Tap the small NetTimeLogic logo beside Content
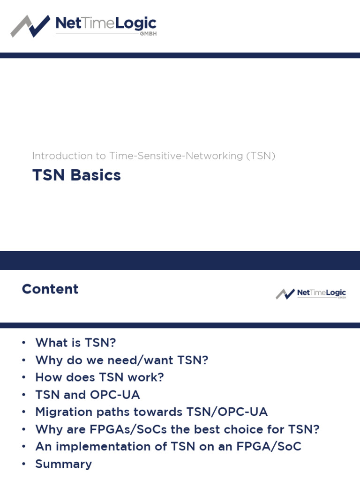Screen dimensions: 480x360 point(311,294)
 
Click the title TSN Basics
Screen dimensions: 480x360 point(76,175)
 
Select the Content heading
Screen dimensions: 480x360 point(50,289)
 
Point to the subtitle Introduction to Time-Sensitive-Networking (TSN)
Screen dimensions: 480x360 point(153,156)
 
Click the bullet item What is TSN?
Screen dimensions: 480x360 point(75,343)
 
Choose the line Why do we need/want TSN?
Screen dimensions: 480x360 point(121,360)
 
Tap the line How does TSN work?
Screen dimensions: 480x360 point(99,377)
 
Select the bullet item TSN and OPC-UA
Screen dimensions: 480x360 point(88,395)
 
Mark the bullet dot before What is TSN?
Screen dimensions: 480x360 point(23,343)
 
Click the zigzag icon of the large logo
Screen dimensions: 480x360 point(30,26)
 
